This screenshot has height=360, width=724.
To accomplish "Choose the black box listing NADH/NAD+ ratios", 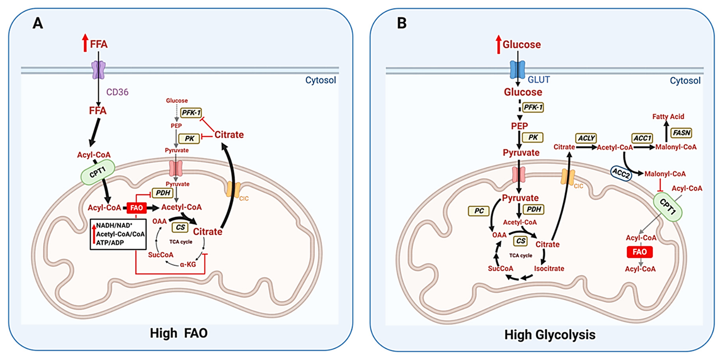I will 118,233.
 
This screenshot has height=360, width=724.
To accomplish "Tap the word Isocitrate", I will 549,269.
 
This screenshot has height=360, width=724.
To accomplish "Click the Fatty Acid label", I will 666,115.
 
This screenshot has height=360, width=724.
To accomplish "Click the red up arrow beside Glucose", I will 498,44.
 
